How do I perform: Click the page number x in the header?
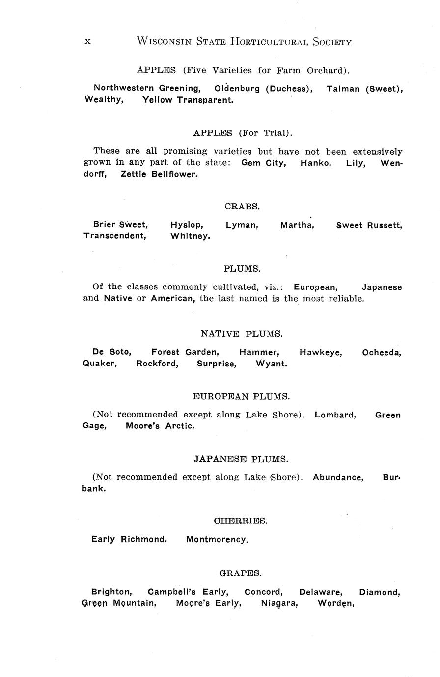[87, 42]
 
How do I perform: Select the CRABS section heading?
[242, 207]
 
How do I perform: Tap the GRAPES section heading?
[240, 573]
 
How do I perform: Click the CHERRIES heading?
[241, 521]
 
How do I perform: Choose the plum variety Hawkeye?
[321, 353]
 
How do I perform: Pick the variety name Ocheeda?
[382, 353]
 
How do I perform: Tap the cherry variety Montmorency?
[217, 540]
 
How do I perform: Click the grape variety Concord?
[264, 592]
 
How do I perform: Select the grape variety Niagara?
[279, 603]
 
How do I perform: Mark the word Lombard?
[335, 415]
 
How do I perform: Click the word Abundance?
[338, 477]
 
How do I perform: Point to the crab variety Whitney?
[191, 236]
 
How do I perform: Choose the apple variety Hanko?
[316, 163]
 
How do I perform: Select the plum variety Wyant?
[272, 364]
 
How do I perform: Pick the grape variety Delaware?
[321, 592]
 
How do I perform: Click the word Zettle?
[134, 174]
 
